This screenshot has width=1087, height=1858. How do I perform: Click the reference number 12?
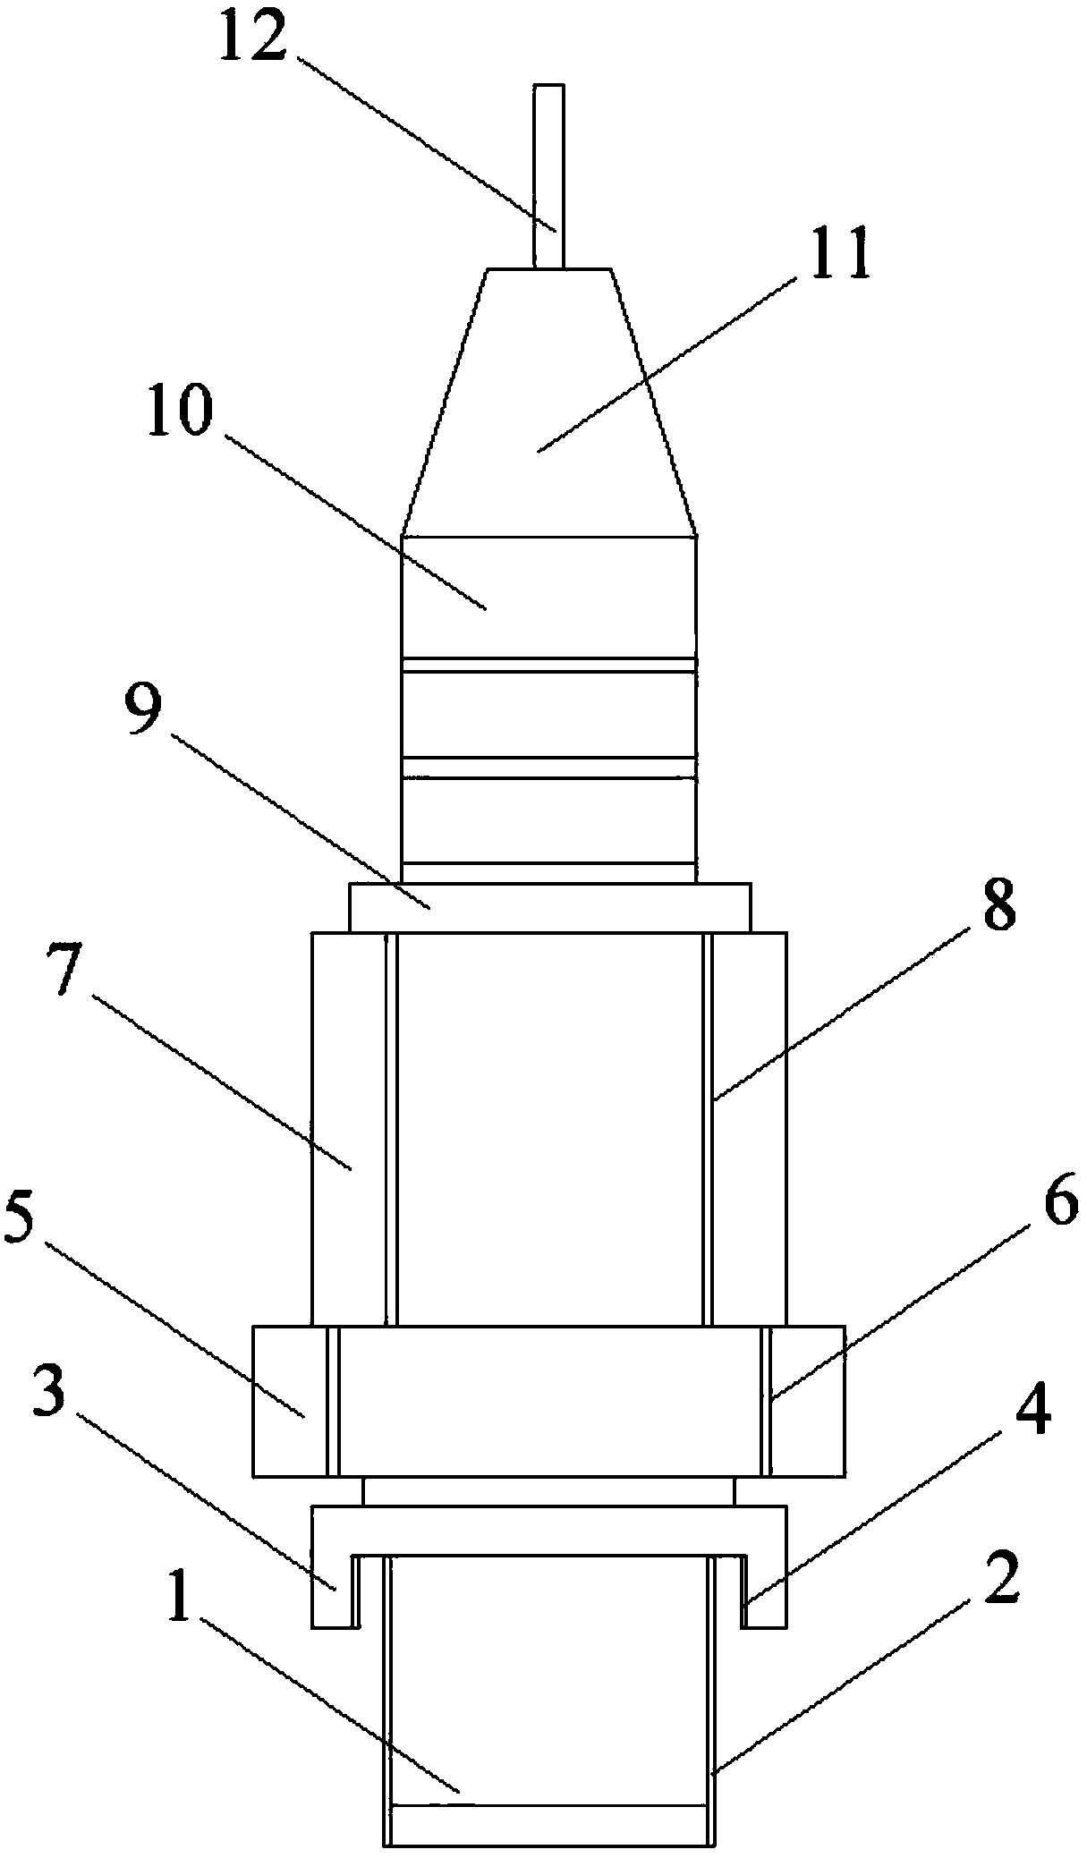(x=252, y=38)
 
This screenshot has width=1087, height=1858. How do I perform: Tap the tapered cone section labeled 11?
(x=549, y=403)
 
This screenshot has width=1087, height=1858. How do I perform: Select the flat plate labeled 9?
(x=549, y=908)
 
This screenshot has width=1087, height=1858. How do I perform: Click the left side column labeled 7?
(x=347, y=1127)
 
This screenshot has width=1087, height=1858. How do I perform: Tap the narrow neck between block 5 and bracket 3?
(x=548, y=1492)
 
